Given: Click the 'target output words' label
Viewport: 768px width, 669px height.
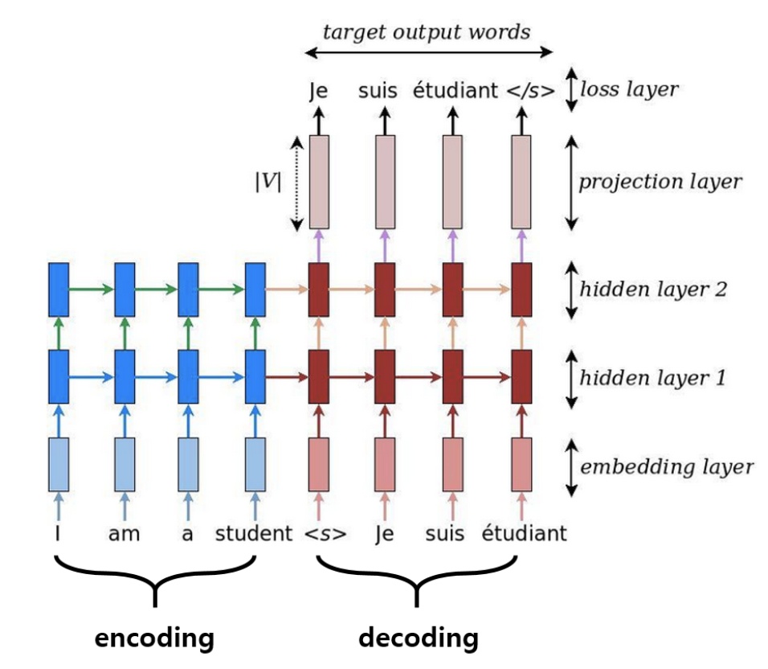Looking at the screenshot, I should (x=426, y=31).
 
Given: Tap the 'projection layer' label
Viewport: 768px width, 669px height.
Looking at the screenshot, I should (x=660, y=182).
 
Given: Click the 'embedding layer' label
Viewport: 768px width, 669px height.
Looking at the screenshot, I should (x=667, y=466).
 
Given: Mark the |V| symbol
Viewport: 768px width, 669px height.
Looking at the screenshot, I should (x=268, y=183).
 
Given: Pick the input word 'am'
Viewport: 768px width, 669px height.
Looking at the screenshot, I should (x=123, y=533).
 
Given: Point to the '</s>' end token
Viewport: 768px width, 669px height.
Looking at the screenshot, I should (x=530, y=90).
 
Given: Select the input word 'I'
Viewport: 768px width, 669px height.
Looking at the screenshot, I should (x=57, y=533).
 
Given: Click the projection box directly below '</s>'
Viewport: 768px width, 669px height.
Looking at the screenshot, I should (x=522, y=182).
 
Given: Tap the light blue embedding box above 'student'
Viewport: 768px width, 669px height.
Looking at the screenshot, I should (x=255, y=464).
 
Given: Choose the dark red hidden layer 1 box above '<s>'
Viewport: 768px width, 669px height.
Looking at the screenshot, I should (x=319, y=376).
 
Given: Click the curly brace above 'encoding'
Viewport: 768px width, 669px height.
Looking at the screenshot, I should (x=154, y=581).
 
